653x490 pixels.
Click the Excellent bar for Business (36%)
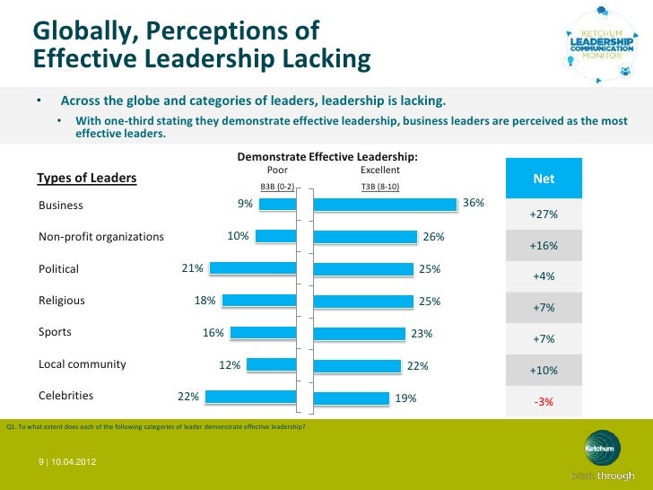click(387, 205)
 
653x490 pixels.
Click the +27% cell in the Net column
click(544, 215)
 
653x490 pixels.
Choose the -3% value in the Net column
click(544, 401)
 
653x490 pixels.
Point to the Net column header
click(544, 179)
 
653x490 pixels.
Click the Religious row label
click(62, 301)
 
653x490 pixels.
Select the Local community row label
click(82, 364)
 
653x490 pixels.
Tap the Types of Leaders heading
click(87, 178)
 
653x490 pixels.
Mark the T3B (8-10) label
click(380, 187)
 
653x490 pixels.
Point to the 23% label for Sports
click(422, 334)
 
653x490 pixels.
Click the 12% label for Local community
click(230, 365)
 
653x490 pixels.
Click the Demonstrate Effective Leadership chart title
click(327, 157)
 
